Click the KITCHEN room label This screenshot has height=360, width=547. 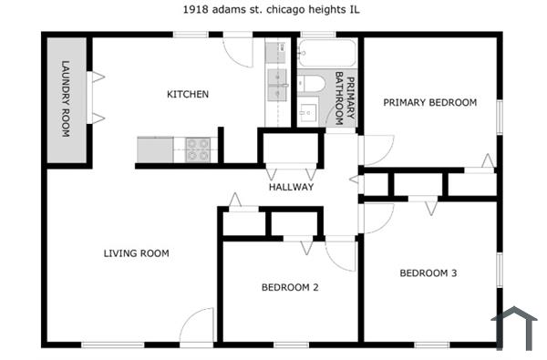[x=188, y=94]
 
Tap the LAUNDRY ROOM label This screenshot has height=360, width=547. [x=66, y=98]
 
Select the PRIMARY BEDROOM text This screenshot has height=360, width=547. [x=429, y=103]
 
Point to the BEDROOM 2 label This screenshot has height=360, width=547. [x=290, y=288]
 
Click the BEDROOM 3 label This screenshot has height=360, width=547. [x=428, y=273]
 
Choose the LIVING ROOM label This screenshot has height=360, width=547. [x=136, y=253]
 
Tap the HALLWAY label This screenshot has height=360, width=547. [x=291, y=187]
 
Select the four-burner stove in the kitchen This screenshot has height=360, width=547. [x=199, y=149]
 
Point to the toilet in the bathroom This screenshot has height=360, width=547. [x=311, y=84]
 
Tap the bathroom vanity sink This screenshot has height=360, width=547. [x=308, y=113]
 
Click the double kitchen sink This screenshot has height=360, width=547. [x=276, y=83]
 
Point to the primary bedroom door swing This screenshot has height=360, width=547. [x=376, y=149]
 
